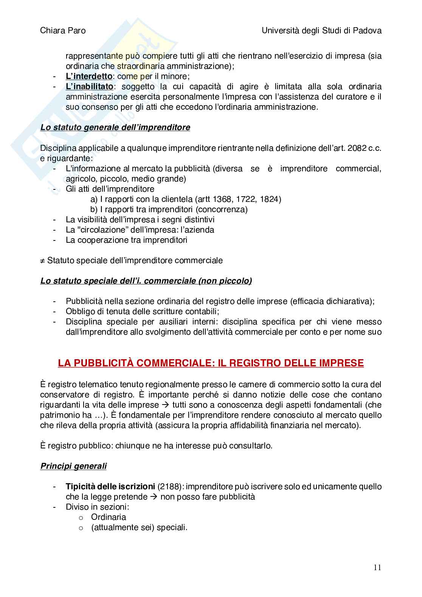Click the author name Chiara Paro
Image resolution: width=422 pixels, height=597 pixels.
pyautogui.click(x=63, y=31)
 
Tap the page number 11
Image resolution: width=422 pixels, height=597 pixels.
pyautogui.click(x=377, y=567)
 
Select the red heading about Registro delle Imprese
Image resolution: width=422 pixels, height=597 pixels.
pyautogui.click(x=211, y=363)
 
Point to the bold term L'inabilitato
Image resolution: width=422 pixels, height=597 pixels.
pyautogui.click(x=89, y=87)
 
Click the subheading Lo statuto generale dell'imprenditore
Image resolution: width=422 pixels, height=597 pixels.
pyautogui.click(x=115, y=127)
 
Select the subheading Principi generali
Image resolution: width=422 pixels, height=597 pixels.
pyautogui.click(x=73, y=466)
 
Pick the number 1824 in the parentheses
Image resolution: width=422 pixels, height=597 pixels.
pyautogui.click(x=269, y=199)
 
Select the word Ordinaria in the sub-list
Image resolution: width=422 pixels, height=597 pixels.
pyautogui.click(x=109, y=517)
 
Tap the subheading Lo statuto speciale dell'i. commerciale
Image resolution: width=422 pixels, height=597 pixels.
pyautogui.click(x=146, y=281)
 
